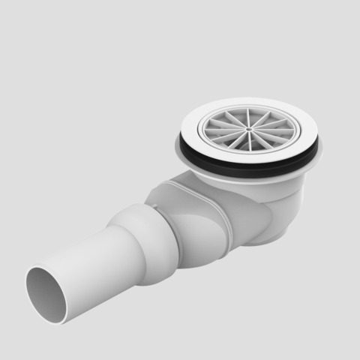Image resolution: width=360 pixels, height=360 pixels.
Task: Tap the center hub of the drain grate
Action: click(249, 128)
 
